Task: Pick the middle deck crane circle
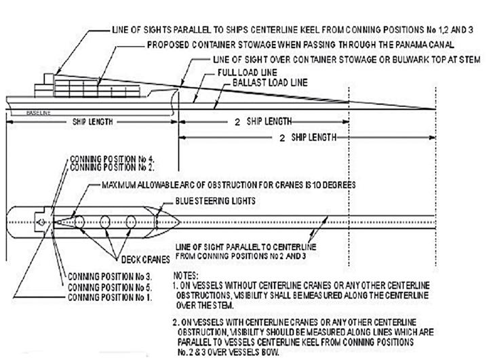pos(106,222)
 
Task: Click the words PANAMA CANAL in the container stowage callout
pos(348,45)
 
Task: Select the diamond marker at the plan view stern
pos(43,222)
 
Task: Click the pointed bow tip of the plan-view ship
pos(179,221)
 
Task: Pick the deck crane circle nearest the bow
pos(136,222)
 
